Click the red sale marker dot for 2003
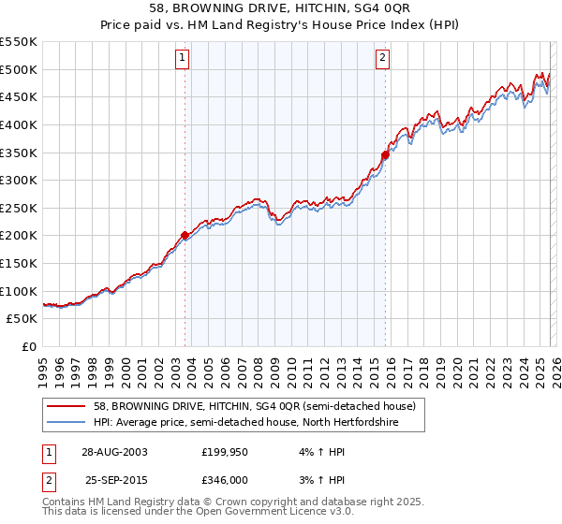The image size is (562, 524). click(185, 235)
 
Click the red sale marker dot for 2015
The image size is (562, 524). click(385, 154)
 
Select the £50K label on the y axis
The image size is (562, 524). click(22, 319)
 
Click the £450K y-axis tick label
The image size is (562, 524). click(19, 96)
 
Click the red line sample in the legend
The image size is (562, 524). click(68, 406)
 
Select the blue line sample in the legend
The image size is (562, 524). click(68, 422)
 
